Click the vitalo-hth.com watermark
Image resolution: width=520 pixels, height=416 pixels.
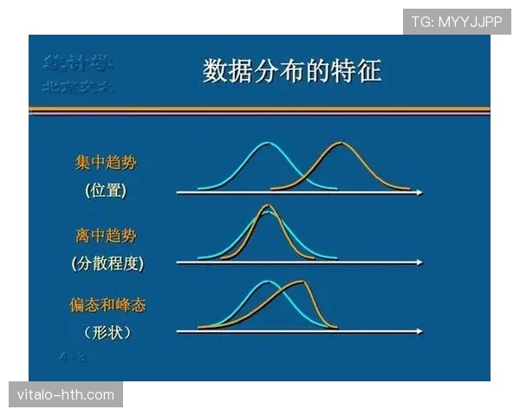point(66,395)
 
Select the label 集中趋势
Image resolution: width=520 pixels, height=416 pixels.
point(105,163)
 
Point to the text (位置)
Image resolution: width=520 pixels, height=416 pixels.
point(106,191)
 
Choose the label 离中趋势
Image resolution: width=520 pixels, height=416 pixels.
point(105,235)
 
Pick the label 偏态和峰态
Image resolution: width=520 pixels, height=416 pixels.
point(105,305)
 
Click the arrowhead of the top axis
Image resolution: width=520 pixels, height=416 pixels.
point(419,192)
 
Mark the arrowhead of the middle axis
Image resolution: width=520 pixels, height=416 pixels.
point(419,262)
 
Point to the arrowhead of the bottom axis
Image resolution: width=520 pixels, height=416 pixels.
point(419,331)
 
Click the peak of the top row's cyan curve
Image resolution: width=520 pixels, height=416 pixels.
point(268,143)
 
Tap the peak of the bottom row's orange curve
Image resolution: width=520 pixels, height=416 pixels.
point(300,282)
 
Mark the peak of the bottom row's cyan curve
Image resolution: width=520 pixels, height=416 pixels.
point(269,282)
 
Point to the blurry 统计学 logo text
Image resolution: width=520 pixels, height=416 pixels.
point(81,62)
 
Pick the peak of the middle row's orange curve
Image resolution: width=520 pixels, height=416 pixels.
point(267,206)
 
